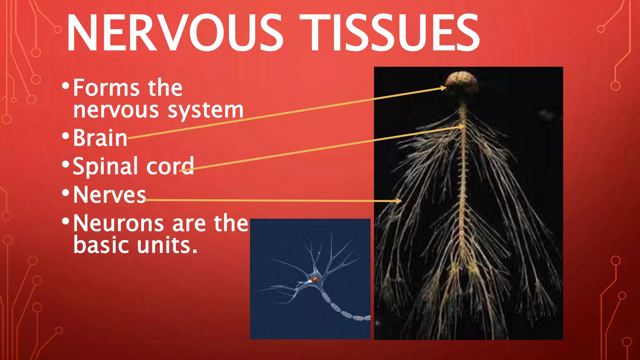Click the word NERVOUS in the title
tap(174, 33)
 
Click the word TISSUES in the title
tap(389, 33)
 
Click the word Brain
tap(100, 138)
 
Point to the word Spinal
tap(105, 167)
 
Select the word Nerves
tap(109, 195)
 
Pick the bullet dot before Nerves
tap(65, 192)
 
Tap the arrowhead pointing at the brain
tap(444, 88)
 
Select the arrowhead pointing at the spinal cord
tap(462, 127)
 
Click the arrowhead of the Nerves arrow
tap(399, 201)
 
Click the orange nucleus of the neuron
tap(315, 279)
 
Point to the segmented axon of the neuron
tap(341, 309)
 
